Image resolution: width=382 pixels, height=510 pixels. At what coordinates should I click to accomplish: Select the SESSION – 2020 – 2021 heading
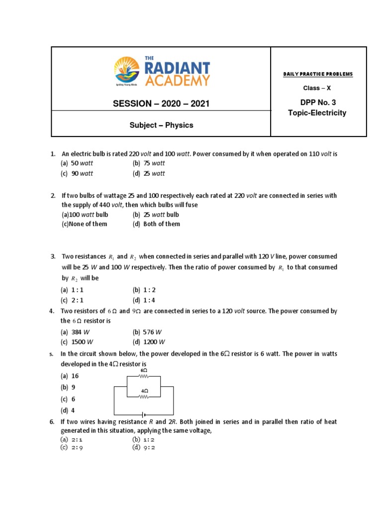tap(161, 104)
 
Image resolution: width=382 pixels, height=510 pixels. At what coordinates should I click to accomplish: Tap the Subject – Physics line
tap(161, 125)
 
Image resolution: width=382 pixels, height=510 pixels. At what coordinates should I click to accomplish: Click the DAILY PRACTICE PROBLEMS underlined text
tap(318, 74)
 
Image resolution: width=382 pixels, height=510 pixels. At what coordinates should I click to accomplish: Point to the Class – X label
tap(317, 88)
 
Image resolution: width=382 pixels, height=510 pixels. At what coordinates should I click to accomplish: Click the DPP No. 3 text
tap(317, 103)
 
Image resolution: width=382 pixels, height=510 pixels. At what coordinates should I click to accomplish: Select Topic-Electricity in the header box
tap(317, 113)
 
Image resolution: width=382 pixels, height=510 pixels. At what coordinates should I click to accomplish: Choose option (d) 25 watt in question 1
tap(149, 174)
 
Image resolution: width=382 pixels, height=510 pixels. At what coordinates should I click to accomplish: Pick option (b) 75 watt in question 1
tap(149, 163)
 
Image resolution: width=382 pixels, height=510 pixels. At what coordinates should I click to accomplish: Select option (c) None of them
tap(84, 224)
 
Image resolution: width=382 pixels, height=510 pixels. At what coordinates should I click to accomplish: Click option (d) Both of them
tap(156, 224)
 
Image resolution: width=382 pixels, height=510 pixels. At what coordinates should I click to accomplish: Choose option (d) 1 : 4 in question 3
tap(144, 300)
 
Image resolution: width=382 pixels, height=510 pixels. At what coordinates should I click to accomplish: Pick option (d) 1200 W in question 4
tap(149, 342)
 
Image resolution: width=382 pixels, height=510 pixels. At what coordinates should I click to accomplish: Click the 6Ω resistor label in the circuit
tap(144, 371)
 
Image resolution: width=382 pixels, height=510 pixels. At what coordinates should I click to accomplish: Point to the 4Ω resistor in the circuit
tap(144, 397)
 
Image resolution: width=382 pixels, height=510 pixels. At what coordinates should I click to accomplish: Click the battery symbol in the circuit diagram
tap(144, 414)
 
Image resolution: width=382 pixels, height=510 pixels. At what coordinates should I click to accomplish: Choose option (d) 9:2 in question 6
tap(144, 447)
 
